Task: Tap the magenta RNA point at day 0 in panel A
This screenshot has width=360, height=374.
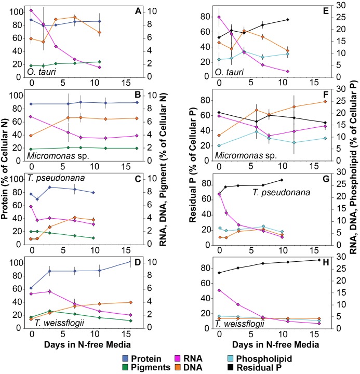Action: click(x=31, y=10)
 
